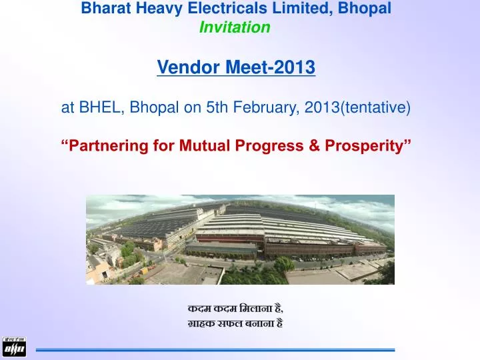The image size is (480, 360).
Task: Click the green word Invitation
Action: pyautogui.click(x=235, y=27)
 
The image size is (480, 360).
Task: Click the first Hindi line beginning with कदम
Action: pyautogui.click(x=235, y=308)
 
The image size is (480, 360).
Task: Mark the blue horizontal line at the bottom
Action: pyautogui.click(x=215, y=349)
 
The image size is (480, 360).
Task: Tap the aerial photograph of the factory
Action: pyautogui.click(x=240, y=239)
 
